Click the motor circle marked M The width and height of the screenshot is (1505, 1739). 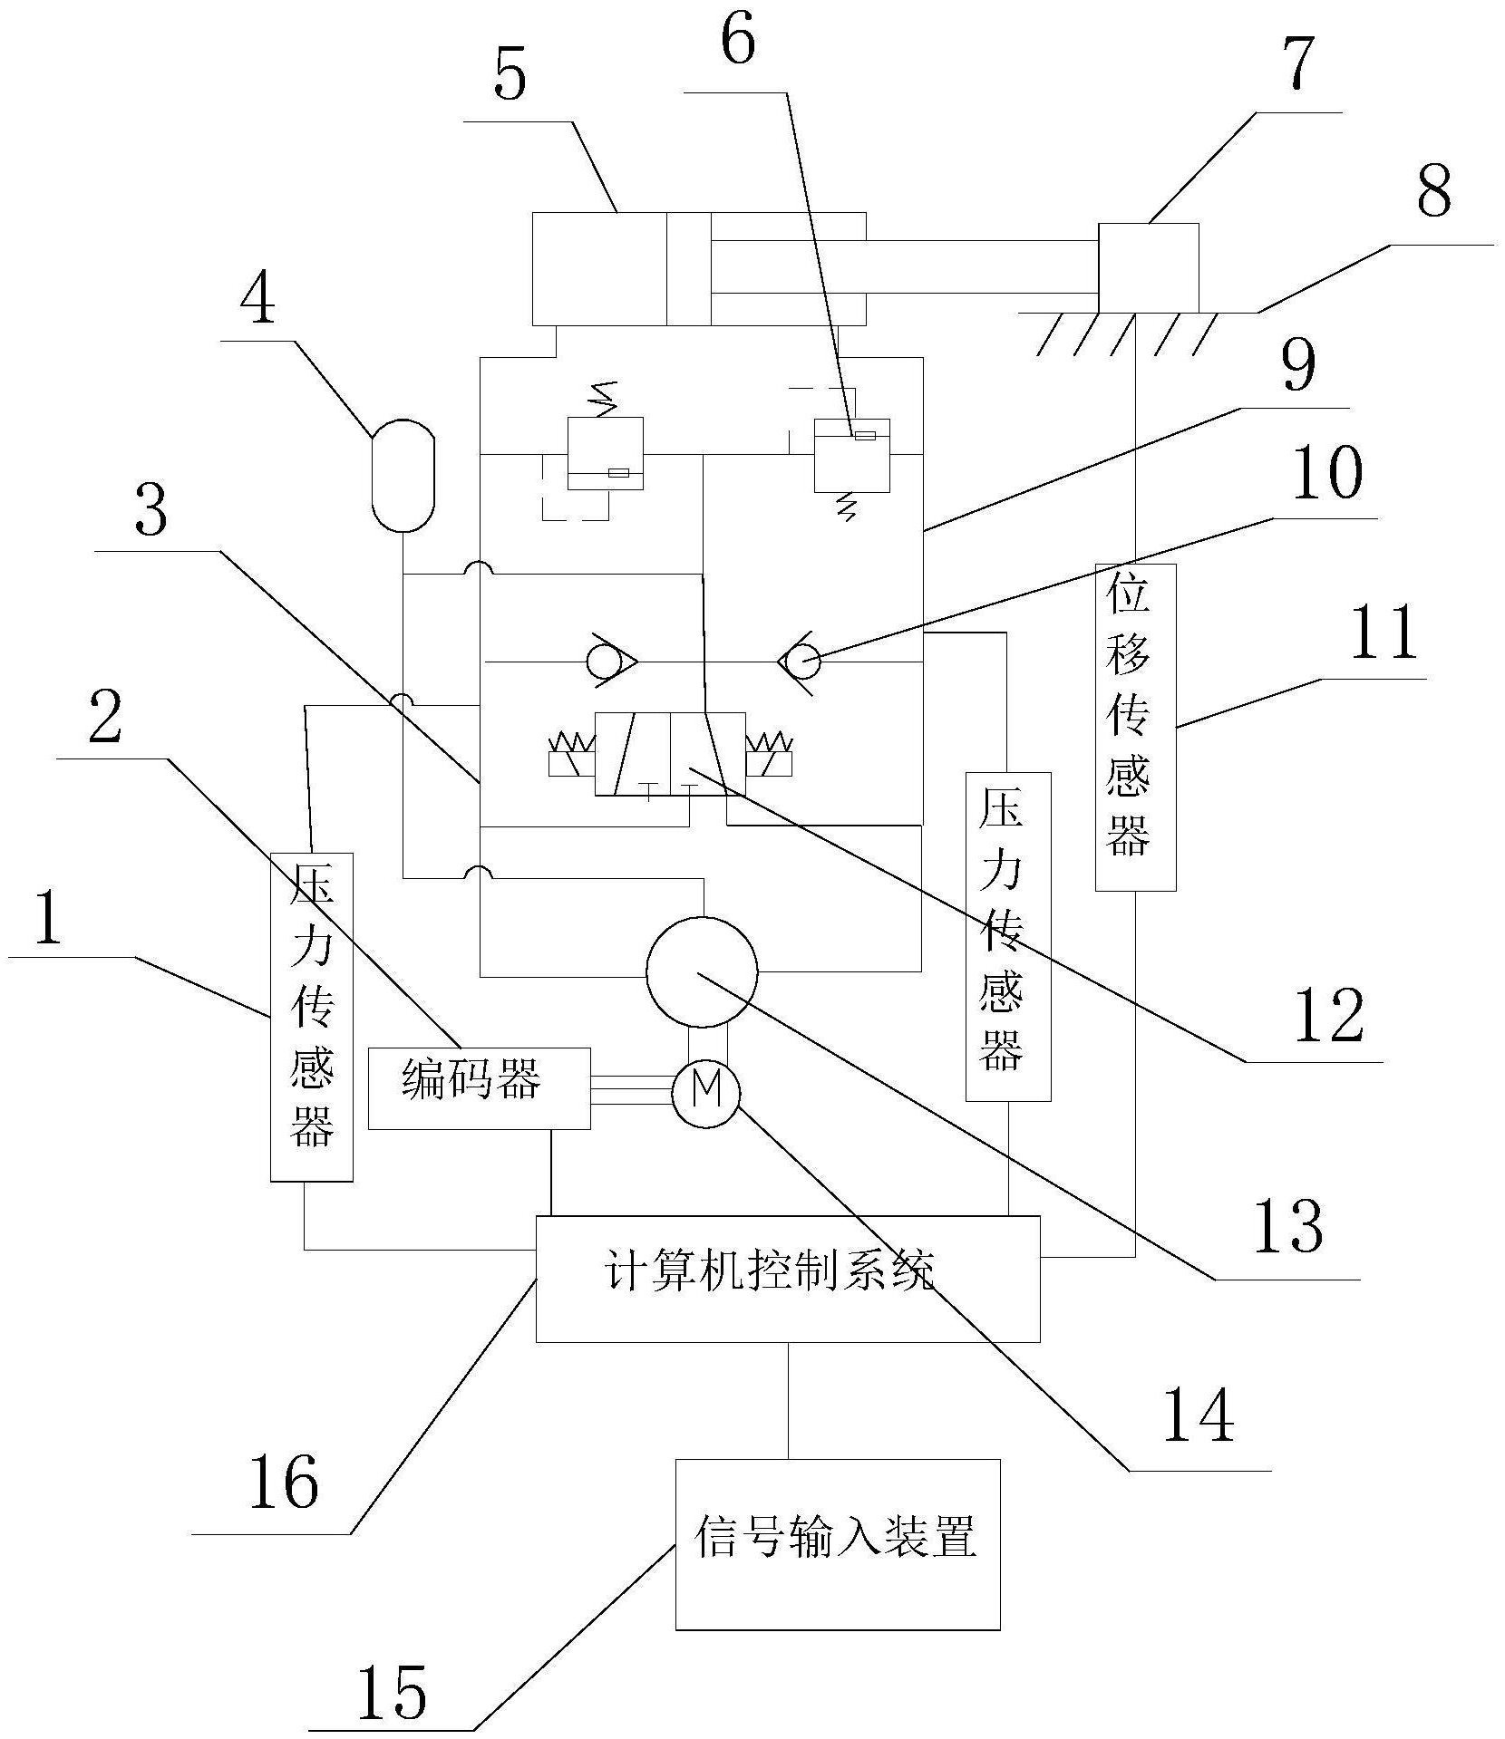pos(705,1094)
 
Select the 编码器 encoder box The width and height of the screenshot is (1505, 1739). pos(479,1088)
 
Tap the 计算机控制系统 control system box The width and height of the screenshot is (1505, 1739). pos(788,1279)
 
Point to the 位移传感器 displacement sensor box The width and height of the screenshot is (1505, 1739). pos(1136,727)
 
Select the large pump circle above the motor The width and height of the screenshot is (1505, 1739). pos(702,971)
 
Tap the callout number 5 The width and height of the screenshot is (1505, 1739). pos(510,78)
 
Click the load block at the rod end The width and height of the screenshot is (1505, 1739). pos(1148,267)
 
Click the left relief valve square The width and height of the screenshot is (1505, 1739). pos(605,453)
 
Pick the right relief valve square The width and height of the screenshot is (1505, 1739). pos(851,455)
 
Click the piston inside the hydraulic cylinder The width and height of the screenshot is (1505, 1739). pos(689,268)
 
